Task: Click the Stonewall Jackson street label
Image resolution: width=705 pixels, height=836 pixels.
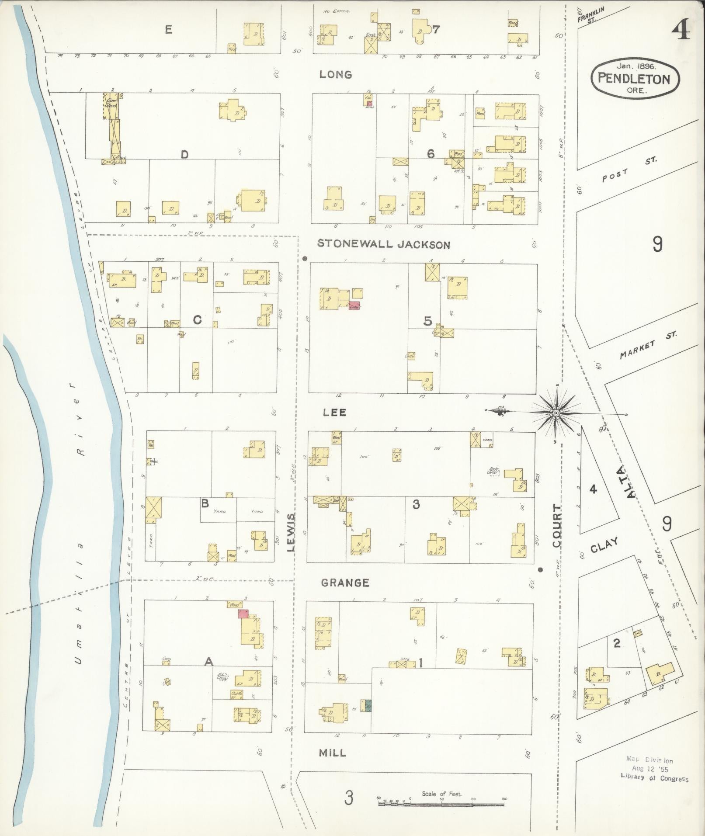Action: (x=383, y=244)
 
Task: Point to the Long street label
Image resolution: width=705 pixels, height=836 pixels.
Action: (x=335, y=75)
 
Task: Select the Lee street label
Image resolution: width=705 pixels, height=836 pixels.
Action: (x=334, y=412)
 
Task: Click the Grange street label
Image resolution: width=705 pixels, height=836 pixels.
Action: (x=345, y=583)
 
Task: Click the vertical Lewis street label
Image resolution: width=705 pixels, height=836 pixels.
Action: (x=292, y=532)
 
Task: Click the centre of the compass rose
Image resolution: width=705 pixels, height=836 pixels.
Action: (x=556, y=413)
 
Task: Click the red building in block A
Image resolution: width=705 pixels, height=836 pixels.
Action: (x=243, y=614)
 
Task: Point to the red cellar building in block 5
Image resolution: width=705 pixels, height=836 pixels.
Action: (x=354, y=306)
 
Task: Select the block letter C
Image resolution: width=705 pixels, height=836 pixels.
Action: (x=197, y=320)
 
